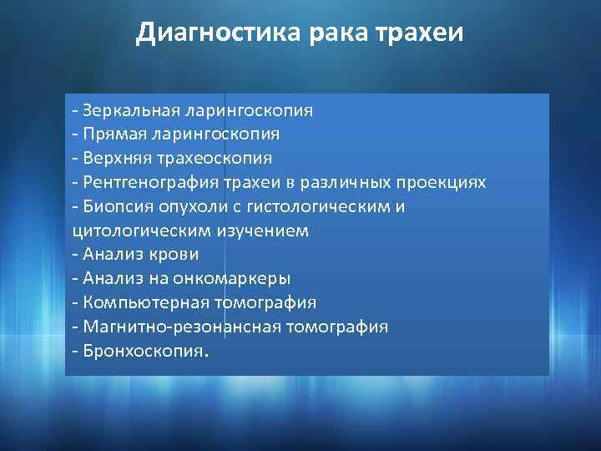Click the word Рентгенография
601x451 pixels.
[x=145, y=182]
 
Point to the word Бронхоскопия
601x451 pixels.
[x=141, y=351]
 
